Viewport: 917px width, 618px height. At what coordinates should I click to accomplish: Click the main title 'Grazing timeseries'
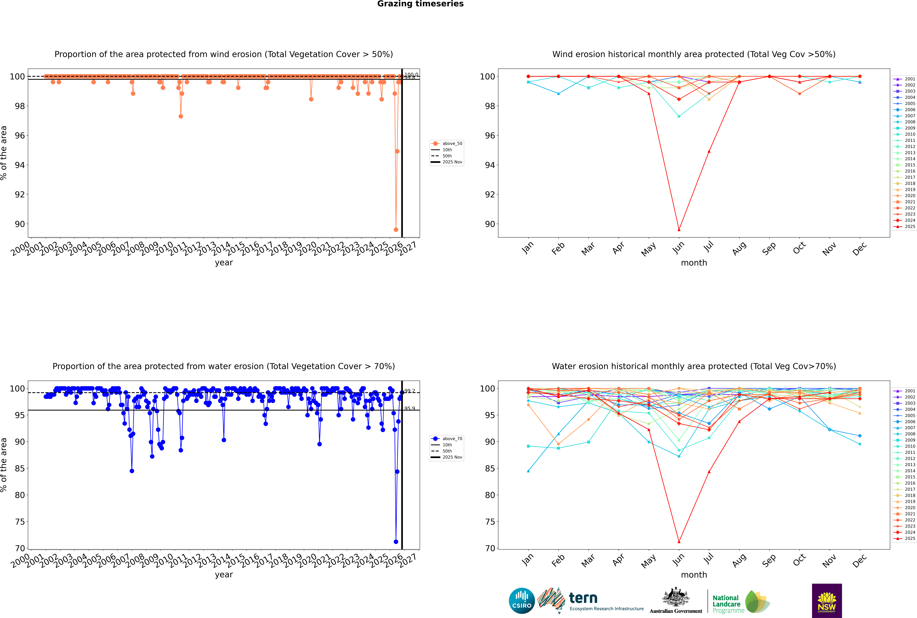click(x=420, y=4)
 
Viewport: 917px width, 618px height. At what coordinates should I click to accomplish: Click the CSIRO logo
click(x=522, y=601)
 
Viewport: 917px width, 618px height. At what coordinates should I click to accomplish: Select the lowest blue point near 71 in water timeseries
click(x=396, y=542)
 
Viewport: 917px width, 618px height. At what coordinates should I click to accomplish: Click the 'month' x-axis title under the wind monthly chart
click(x=694, y=263)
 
